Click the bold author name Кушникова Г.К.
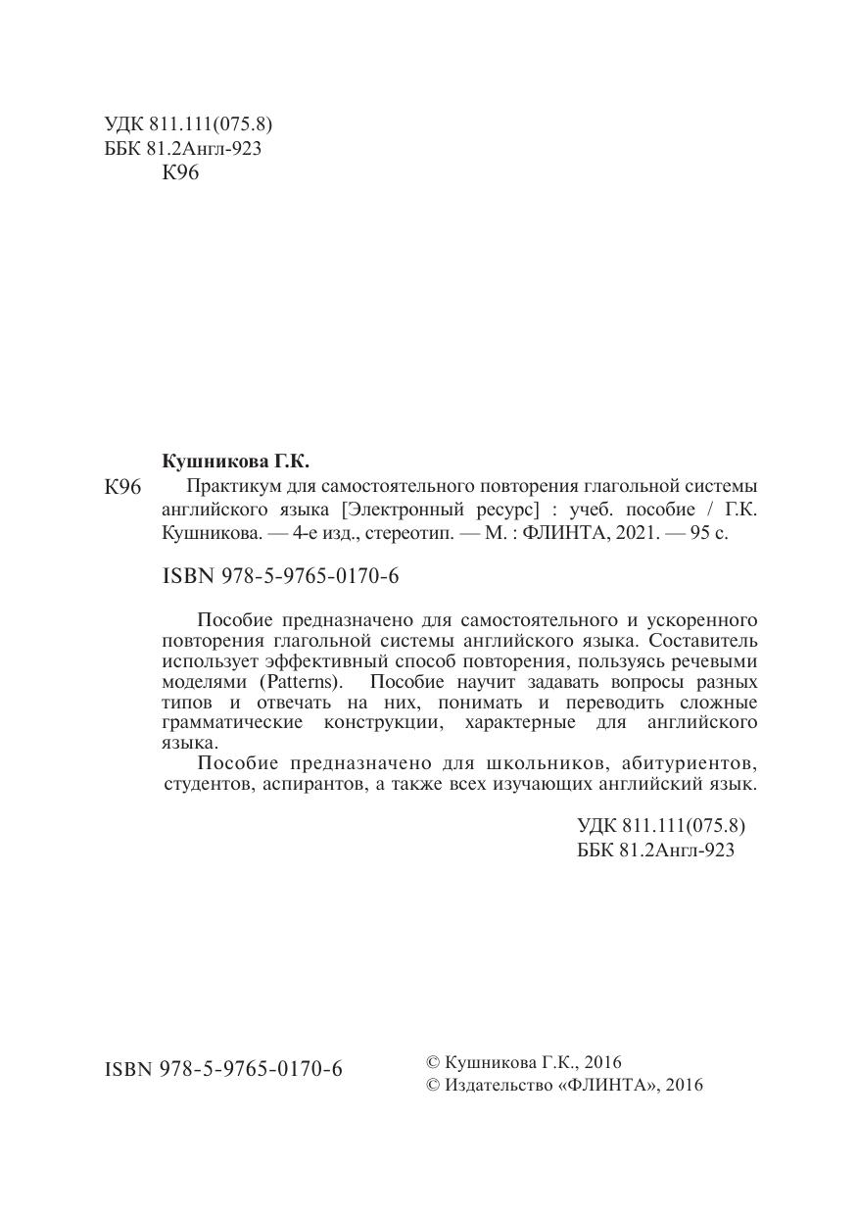(x=234, y=461)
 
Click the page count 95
(x=700, y=535)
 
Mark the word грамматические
(x=233, y=723)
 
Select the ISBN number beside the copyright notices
(x=223, y=1069)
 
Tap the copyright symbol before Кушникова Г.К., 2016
(x=433, y=1062)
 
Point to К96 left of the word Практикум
(x=123, y=487)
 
